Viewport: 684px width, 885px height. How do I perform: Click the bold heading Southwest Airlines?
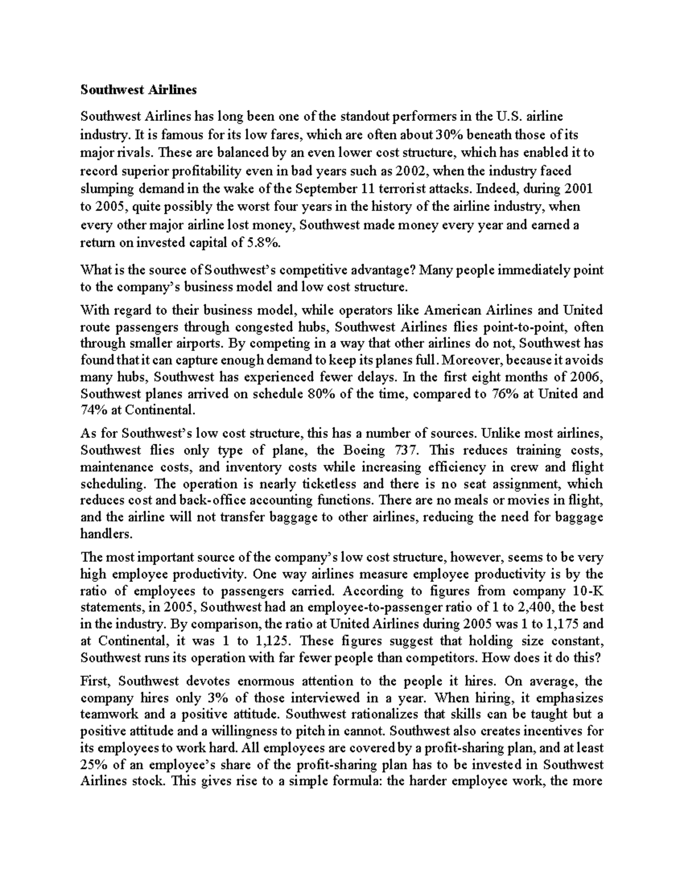click(x=139, y=89)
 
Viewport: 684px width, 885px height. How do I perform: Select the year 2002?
click(x=410, y=171)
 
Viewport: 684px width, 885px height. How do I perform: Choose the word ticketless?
click(x=327, y=484)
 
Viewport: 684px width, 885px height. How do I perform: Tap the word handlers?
click(x=106, y=535)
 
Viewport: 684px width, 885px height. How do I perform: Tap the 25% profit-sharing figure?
click(x=93, y=764)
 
